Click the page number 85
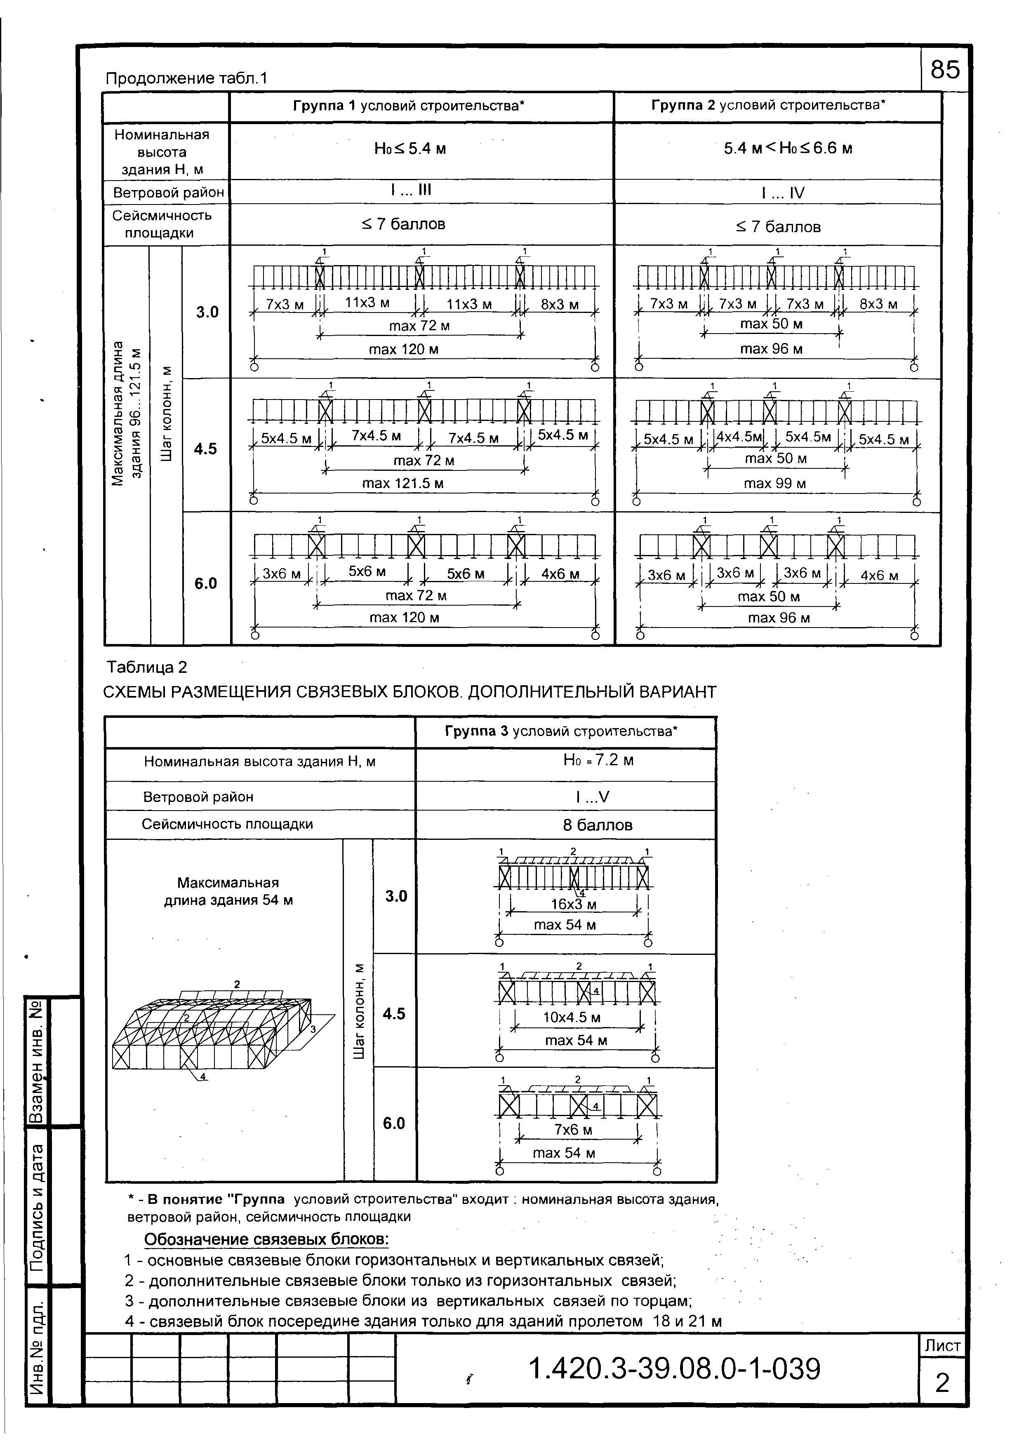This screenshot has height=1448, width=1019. [x=944, y=69]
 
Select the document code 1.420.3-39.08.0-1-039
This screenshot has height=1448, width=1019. [x=674, y=1368]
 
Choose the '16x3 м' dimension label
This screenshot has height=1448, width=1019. [x=573, y=904]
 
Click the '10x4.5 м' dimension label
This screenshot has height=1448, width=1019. [x=572, y=1017]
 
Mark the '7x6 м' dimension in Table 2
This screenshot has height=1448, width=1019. [x=573, y=1130]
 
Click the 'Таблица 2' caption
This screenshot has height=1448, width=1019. [x=147, y=667]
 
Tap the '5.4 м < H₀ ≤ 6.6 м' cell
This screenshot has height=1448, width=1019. [x=788, y=149]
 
